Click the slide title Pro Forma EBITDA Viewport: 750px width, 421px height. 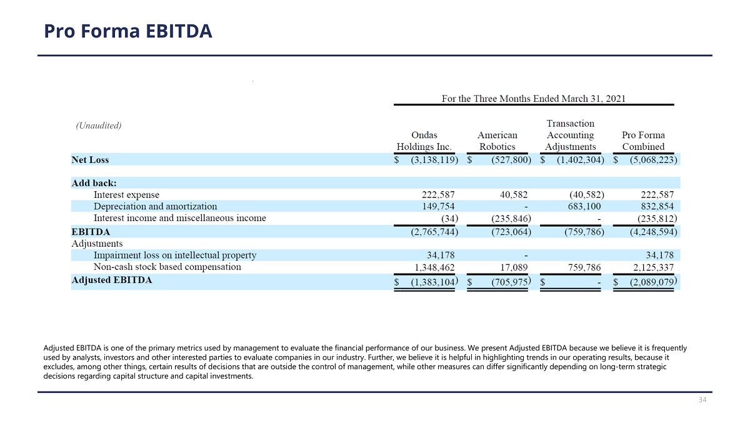pos(128,31)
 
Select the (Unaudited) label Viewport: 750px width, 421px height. pos(99,125)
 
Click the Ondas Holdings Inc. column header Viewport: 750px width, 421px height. pos(424,141)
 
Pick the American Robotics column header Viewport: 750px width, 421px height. pos(497,141)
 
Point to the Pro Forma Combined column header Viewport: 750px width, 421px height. pos(644,141)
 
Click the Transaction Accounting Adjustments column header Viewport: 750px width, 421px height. pos(570,135)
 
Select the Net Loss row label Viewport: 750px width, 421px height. pos(90,160)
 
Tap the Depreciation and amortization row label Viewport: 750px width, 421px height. pos(155,206)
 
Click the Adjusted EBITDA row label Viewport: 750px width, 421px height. pos(112,280)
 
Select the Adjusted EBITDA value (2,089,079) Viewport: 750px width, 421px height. pos(651,282)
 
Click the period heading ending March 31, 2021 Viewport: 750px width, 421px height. pos(533,98)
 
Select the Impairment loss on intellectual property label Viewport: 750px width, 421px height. pos(175,255)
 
